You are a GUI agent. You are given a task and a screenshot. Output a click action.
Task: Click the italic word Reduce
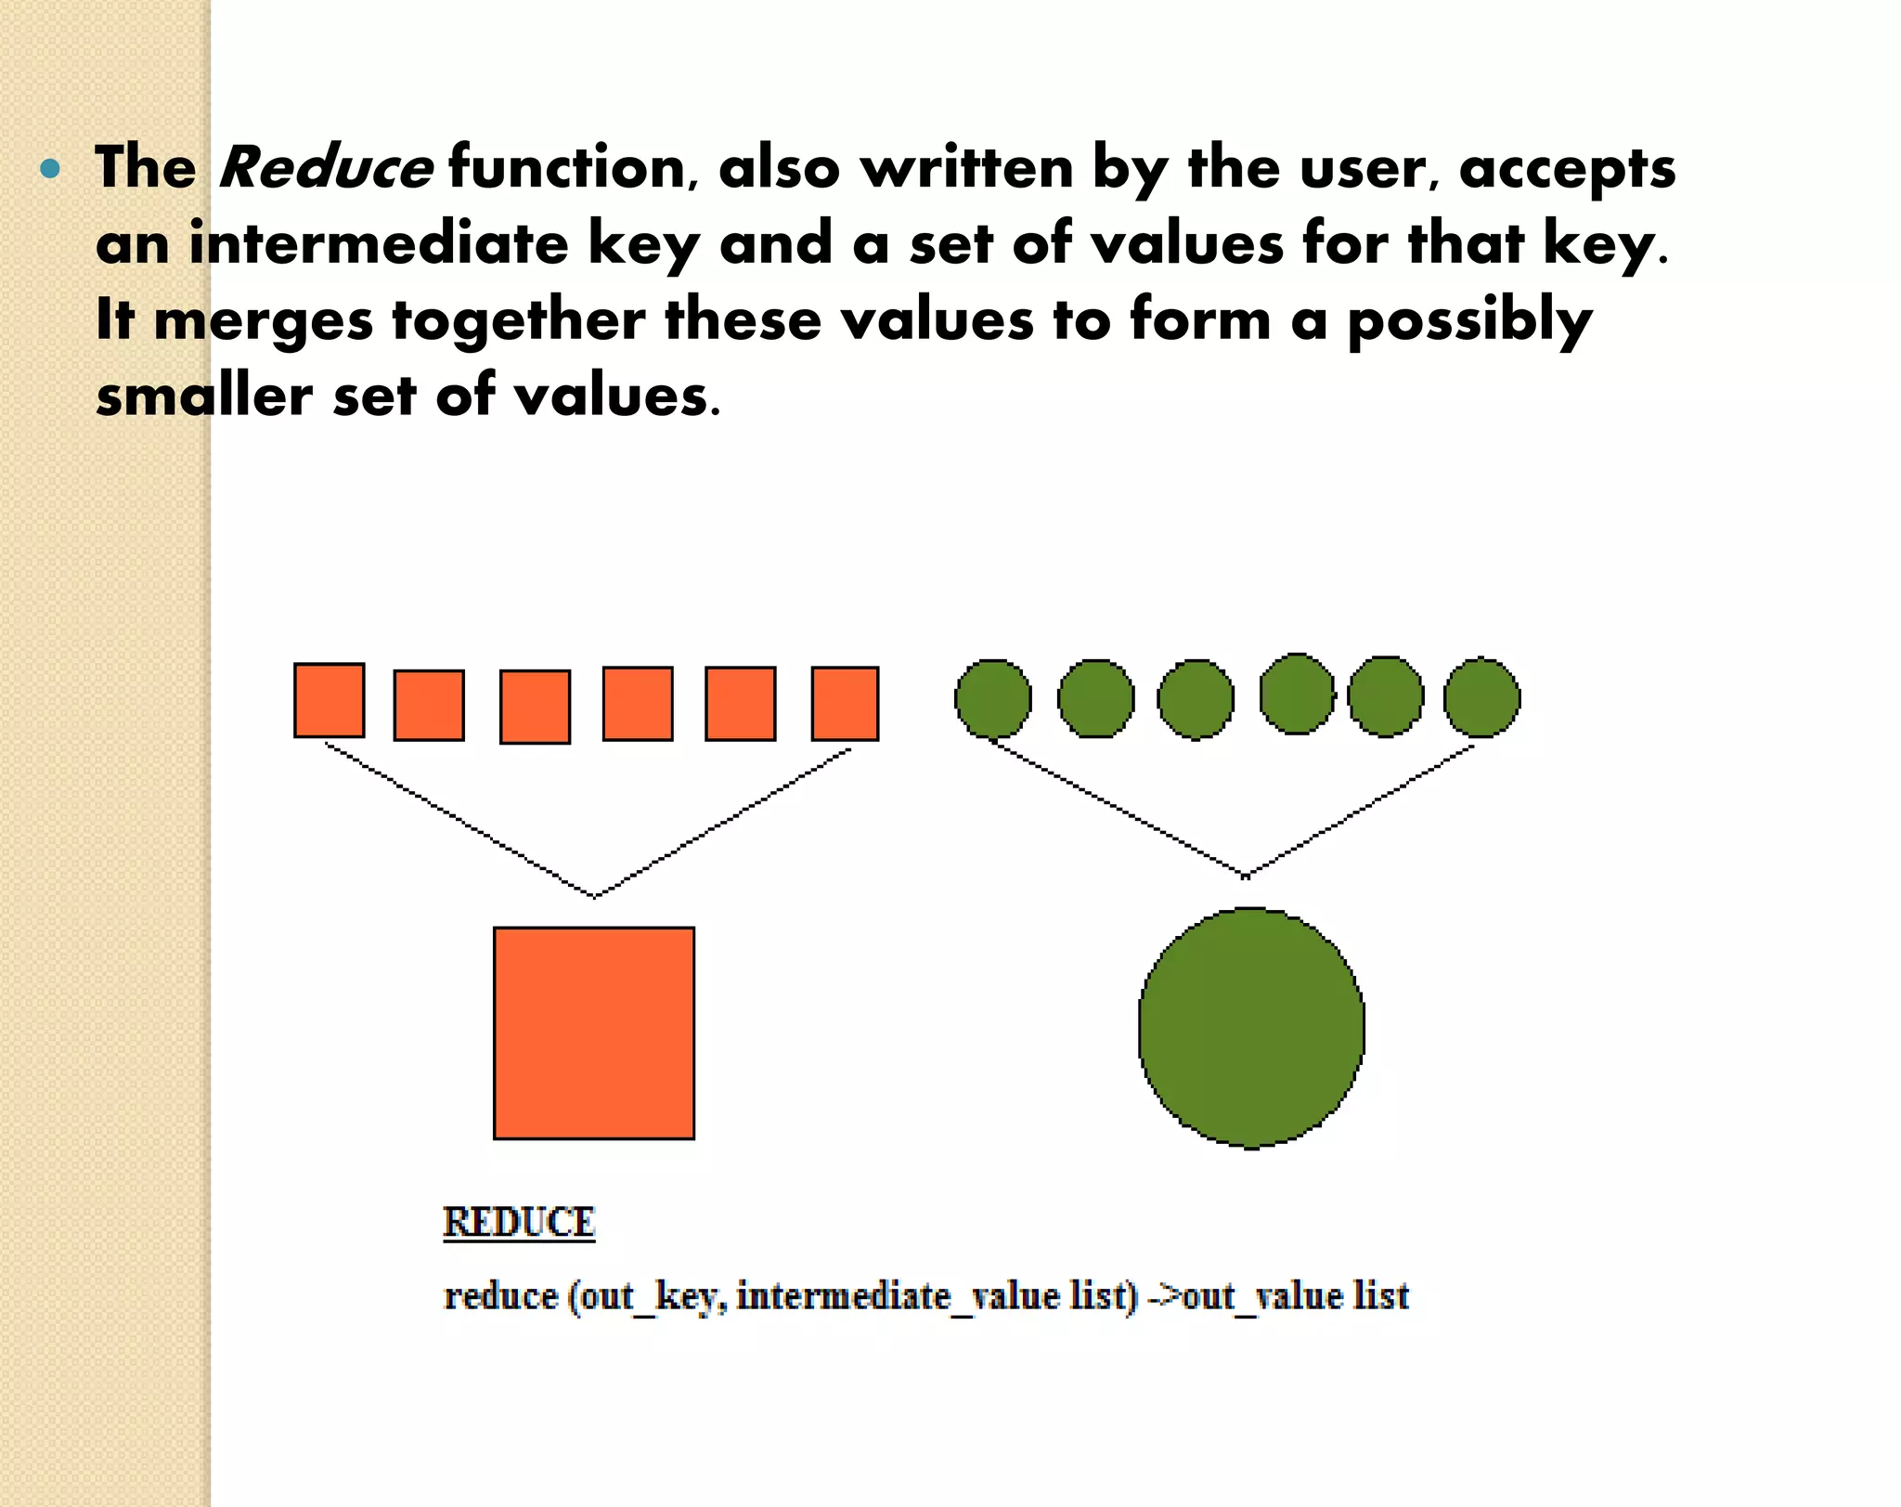tap(325, 168)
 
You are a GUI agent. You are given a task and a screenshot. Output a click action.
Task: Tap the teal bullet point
tap(51, 170)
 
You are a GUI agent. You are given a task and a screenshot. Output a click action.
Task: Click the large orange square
tap(594, 1033)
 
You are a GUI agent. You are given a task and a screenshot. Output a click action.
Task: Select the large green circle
tap(1251, 1028)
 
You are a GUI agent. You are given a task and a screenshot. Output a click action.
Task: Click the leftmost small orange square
tap(330, 700)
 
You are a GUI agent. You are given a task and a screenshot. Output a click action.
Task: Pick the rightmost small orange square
tap(845, 703)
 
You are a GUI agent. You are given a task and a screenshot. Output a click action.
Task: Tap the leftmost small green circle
tap(993, 699)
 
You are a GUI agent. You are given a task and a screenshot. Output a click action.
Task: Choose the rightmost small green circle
tap(1482, 697)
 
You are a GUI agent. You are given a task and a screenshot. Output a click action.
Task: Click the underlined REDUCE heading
tap(519, 1222)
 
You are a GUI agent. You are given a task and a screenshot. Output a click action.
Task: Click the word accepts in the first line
tap(1568, 170)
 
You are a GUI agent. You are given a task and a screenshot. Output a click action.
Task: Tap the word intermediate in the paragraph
tap(378, 244)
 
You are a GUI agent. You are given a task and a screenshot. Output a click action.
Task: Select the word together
tap(518, 320)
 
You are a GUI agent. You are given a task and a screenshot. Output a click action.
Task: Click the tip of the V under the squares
tap(595, 896)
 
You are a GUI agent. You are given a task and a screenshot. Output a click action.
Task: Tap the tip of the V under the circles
tap(1246, 876)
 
